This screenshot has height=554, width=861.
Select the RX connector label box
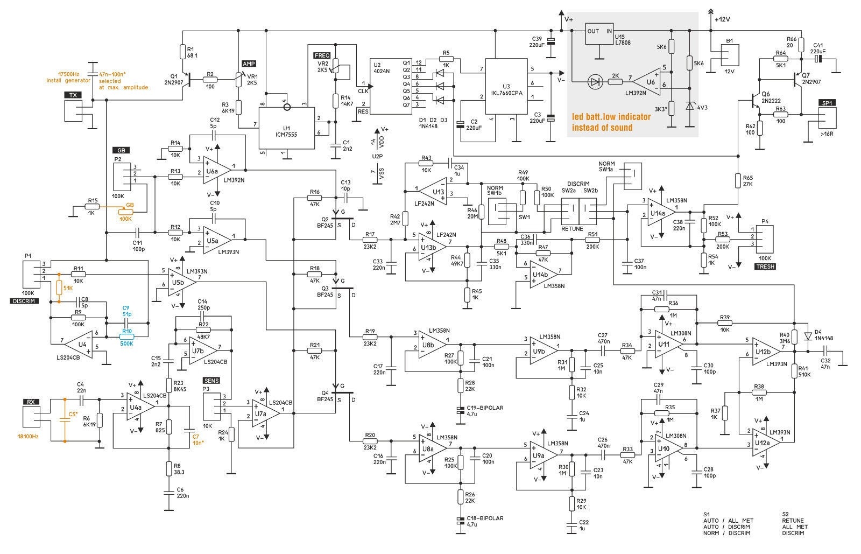(31, 402)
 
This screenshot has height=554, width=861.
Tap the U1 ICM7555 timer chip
(286, 127)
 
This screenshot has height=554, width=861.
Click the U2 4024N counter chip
(391, 86)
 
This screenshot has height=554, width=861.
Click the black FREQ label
(322, 55)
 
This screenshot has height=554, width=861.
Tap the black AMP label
(250, 64)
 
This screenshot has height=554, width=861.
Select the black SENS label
(211, 381)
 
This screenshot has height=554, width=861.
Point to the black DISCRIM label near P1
(25, 301)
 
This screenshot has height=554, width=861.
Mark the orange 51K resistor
(59, 288)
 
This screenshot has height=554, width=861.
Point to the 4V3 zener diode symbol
(690, 106)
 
